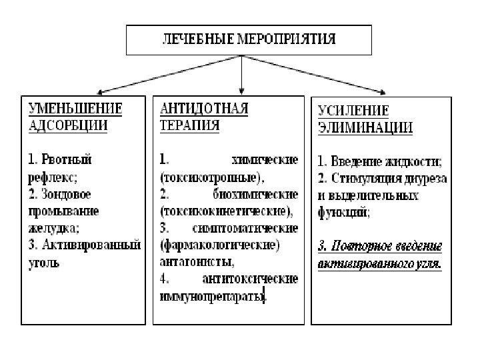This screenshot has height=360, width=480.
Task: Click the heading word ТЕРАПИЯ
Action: tap(189, 125)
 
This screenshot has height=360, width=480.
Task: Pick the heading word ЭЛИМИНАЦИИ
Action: tap(364, 127)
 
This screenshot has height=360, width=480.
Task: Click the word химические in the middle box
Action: tap(264, 160)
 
